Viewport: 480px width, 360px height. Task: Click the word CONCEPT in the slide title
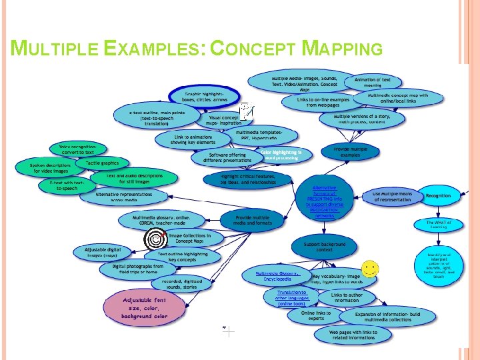click(x=254, y=49)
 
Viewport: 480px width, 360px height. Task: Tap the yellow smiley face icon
click(x=371, y=269)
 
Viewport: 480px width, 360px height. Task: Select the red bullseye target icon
click(x=157, y=237)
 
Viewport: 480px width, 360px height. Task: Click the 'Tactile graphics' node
click(x=101, y=163)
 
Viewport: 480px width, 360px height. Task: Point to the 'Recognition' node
click(x=438, y=196)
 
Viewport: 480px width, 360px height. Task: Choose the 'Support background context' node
click(x=325, y=247)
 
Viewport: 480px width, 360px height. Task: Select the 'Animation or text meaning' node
click(x=372, y=83)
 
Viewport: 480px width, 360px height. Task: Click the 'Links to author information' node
click(x=346, y=297)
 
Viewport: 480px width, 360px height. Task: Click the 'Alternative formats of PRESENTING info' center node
click(x=325, y=197)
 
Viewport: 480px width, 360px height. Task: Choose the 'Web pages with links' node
click(x=353, y=334)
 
